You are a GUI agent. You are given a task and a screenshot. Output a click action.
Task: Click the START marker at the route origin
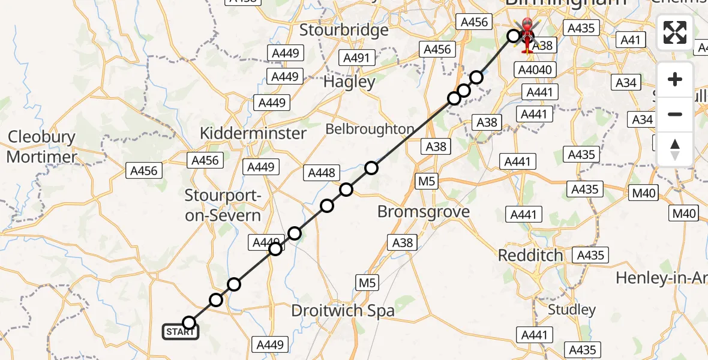[181, 331]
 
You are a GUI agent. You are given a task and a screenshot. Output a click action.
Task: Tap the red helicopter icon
[527, 35]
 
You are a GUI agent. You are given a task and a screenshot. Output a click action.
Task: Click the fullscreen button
[675, 32]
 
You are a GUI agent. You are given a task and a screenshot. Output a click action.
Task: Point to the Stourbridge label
[344, 29]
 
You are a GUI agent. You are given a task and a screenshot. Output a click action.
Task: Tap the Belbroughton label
[370, 129]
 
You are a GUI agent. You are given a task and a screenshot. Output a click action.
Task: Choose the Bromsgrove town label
[424, 212]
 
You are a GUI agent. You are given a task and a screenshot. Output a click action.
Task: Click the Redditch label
[530, 255]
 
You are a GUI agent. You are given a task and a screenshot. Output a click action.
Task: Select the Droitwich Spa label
[343, 311]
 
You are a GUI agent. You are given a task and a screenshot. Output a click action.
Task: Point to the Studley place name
[572, 310]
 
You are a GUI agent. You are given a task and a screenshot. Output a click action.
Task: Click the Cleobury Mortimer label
[42, 147]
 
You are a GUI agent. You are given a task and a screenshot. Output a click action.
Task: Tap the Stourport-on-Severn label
[223, 205]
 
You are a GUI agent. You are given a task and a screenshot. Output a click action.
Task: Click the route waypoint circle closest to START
[189, 323]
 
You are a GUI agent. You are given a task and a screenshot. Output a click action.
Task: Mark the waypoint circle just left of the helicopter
[514, 36]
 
